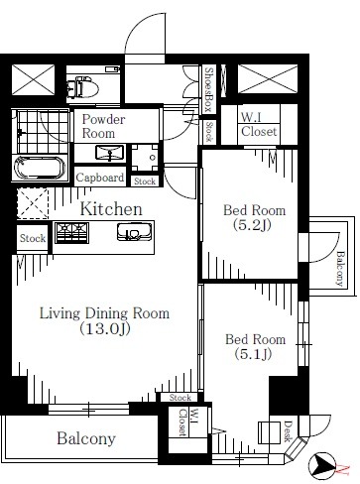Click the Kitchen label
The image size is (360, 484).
(111, 209)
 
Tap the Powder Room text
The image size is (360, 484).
(105, 126)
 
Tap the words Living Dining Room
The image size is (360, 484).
(104, 313)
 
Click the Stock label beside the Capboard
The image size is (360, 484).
(145, 181)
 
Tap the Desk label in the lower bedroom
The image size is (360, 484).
(287, 428)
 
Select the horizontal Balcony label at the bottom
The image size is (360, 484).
(85, 438)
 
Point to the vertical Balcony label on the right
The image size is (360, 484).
(339, 266)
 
